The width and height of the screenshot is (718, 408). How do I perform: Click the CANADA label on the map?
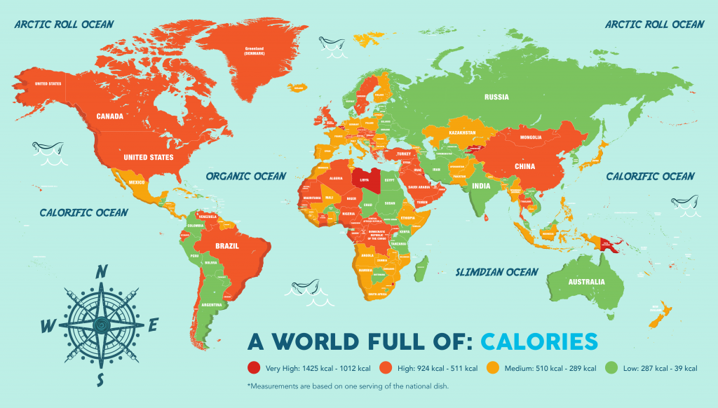pyautogui.click(x=111, y=116)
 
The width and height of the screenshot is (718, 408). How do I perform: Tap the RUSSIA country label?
pyautogui.click(x=496, y=97)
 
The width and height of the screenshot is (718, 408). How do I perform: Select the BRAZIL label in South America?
pyautogui.click(x=227, y=246)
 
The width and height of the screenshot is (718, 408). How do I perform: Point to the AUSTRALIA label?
pyautogui.click(x=586, y=282)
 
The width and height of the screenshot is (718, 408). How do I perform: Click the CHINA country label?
pyautogui.click(x=524, y=166)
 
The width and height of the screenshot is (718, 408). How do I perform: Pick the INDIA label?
pyautogui.click(x=480, y=186)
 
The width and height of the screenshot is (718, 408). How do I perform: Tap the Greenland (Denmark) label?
pyautogui.click(x=253, y=51)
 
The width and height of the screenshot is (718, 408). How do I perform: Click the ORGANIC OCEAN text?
pyautogui.click(x=245, y=176)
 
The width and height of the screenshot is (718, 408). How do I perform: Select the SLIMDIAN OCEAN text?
pyautogui.click(x=496, y=271)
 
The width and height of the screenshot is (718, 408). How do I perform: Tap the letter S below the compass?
pyautogui.click(x=101, y=379)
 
